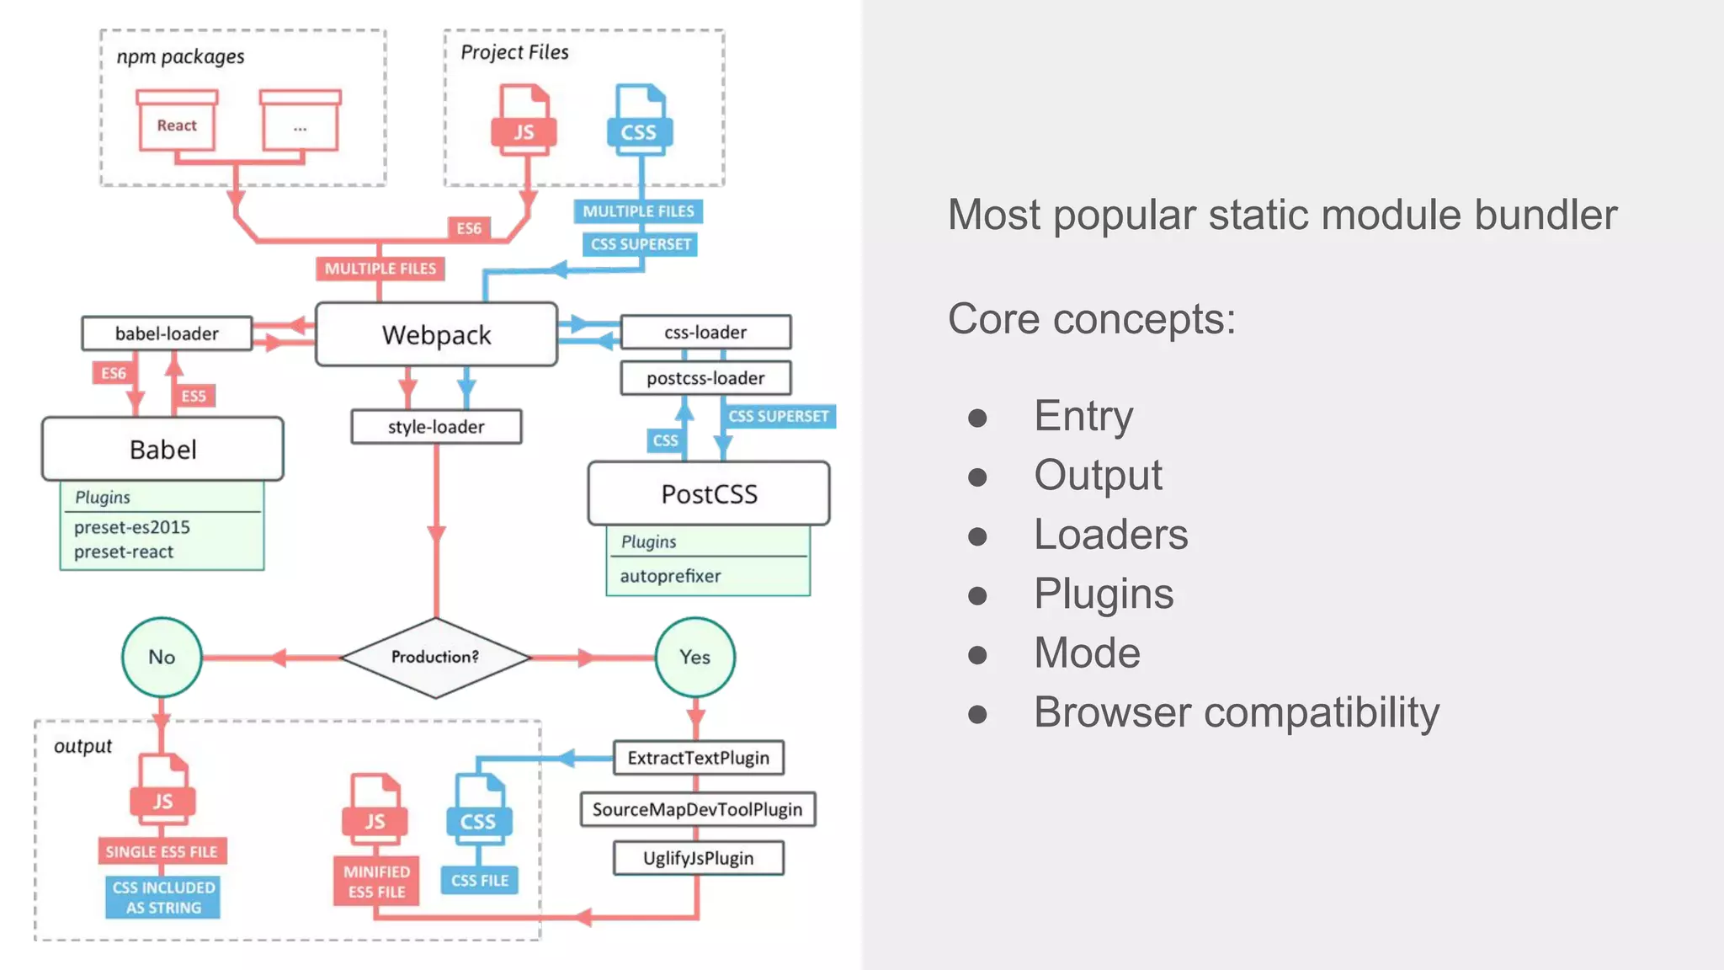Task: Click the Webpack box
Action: coord(436,334)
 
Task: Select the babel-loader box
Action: coord(167,333)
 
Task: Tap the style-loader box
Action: coord(436,427)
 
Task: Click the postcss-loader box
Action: coord(705,378)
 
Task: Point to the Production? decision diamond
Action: coord(435,657)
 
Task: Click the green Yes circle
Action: coord(694,657)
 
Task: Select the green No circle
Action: coord(162,657)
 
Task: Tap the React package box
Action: coord(177,125)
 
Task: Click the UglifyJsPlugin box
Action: coord(698,858)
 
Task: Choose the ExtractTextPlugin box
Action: coord(698,758)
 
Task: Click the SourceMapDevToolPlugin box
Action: coord(697,809)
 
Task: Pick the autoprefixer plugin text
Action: coord(670,576)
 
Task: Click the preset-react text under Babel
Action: coord(124,552)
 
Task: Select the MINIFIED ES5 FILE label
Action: coord(376,882)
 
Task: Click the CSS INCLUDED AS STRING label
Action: coord(163,898)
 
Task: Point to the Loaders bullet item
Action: coord(1110,535)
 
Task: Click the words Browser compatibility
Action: coord(1236,712)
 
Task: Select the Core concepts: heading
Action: coord(1092,319)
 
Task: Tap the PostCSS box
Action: coord(709,493)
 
